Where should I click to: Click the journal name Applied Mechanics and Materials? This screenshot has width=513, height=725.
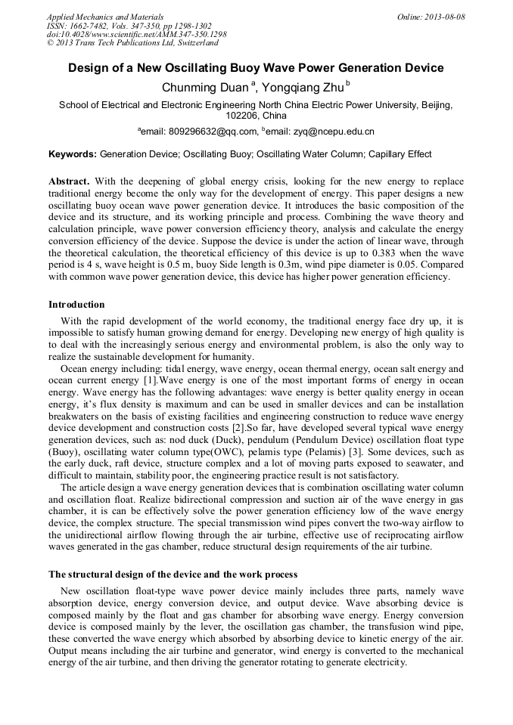pyautogui.click(x=104, y=17)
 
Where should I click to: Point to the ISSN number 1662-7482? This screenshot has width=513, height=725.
pyautogui.click(x=91, y=26)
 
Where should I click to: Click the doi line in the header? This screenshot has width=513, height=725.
pyautogui.click(x=136, y=35)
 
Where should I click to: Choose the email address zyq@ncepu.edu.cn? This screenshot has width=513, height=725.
pyautogui.click(x=323, y=132)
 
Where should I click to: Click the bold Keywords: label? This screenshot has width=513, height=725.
pyautogui.click(x=73, y=154)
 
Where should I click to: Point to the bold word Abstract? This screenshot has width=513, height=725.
pyautogui.click(x=69, y=182)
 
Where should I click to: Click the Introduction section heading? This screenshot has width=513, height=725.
pyautogui.click(x=76, y=305)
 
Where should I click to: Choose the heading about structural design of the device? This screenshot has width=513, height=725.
pyautogui.click(x=173, y=574)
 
